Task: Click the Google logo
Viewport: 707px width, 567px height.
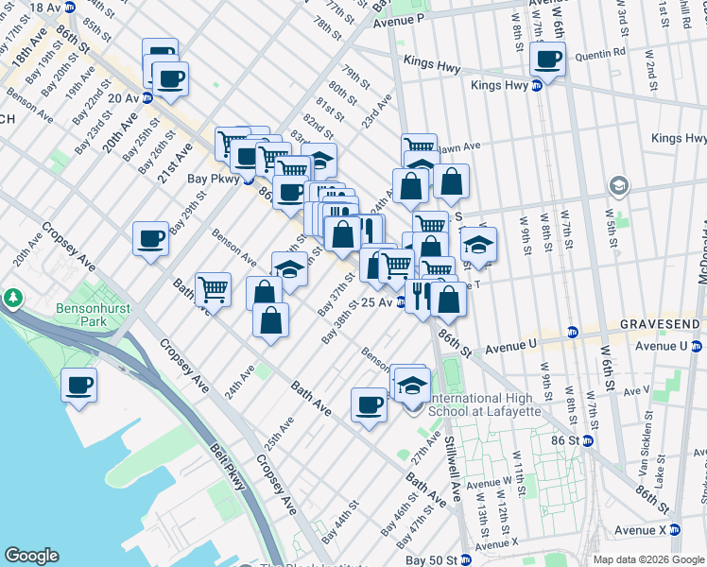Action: point(31,556)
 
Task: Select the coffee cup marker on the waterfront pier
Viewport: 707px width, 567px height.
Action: point(79,385)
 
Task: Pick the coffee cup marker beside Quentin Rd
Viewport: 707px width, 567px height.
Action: point(548,59)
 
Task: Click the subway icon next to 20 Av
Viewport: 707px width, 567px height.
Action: point(147,98)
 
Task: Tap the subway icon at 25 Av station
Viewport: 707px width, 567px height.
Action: point(401,302)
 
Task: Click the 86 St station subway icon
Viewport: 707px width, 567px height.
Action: point(587,440)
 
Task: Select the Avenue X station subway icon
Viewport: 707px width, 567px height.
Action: point(675,530)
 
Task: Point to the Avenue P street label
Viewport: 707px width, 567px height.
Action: point(398,18)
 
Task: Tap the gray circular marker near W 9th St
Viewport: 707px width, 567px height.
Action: point(619,184)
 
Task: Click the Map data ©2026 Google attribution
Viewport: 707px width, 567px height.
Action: point(647,559)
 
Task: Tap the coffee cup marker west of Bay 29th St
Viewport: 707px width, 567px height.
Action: point(150,238)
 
